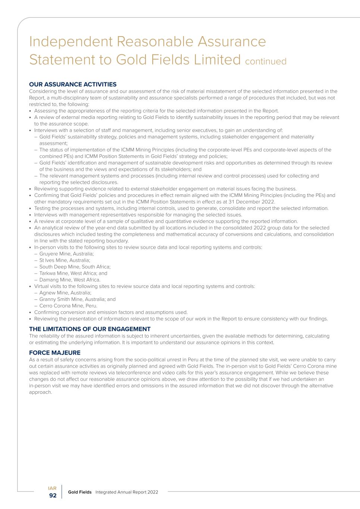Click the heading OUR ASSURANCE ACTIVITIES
(x=73, y=84)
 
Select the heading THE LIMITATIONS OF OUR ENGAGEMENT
(x=90, y=329)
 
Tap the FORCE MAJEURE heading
(x=54, y=352)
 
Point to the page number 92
(x=53, y=496)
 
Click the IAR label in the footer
(x=52, y=488)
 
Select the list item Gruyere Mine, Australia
(x=66, y=254)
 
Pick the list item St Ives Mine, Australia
(x=65, y=260)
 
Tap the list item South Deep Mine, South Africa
(x=75, y=267)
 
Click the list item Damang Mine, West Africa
(x=70, y=280)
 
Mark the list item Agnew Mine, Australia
(x=65, y=293)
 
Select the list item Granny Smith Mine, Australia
(x=77, y=299)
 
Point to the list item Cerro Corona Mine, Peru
(x=68, y=306)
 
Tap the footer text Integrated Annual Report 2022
(x=126, y=492)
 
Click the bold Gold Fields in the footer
(x=79, y=492)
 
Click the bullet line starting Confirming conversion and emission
(x=111, y=312)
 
